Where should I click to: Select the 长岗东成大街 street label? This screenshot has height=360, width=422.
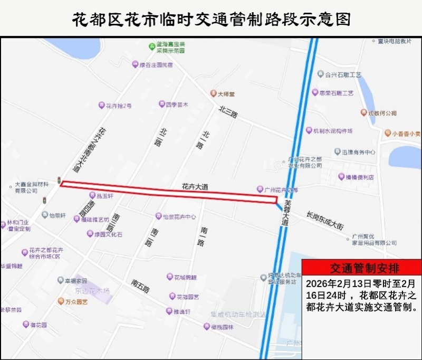[x=325, y=220]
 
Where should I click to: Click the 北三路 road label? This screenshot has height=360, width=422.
[x=228, y=112]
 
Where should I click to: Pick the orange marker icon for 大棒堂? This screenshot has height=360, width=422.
[x=213, y=94]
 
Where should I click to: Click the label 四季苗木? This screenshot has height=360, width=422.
[x=177, y=105]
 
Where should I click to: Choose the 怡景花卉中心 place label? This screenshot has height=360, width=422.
[x=179, y=216]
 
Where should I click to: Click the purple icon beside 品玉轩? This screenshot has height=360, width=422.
[x=92, y=195]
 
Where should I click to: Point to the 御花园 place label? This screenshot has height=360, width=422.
[x=38, y=325]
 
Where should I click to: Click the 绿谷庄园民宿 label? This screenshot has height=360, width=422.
[x=155, y=65]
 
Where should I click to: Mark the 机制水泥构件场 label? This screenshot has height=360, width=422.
[x=332, y=131]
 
